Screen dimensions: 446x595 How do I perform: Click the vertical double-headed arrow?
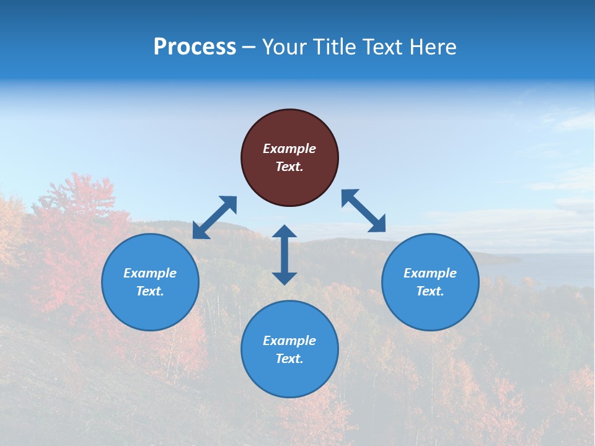284,255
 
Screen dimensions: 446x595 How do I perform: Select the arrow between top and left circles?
214,217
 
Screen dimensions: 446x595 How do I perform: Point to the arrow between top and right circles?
363,211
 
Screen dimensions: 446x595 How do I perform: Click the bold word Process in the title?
195,47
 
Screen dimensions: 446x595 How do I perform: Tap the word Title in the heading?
337,47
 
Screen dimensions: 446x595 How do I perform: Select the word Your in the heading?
284,47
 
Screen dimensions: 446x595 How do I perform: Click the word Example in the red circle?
289,149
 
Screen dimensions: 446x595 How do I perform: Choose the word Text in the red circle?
288,167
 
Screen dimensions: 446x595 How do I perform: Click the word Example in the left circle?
150,273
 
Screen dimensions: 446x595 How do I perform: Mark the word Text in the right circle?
429,291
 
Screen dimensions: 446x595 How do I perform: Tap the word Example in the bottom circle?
289,341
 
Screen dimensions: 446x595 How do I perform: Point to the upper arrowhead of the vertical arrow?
284,232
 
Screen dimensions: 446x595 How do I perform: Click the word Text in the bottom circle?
288,359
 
